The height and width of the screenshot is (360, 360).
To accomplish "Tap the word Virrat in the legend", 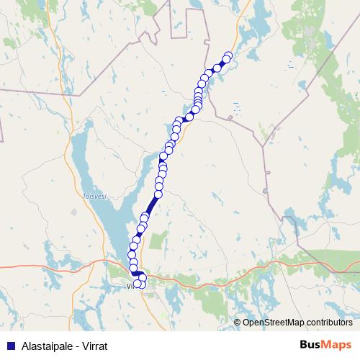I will (94, 346).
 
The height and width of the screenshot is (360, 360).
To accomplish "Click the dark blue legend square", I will (10, 346).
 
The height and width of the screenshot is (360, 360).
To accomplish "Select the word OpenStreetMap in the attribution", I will (271, 322).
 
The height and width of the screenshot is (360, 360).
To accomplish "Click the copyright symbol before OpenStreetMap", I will (237, 322).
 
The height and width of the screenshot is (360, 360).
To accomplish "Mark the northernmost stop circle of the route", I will (229, 55).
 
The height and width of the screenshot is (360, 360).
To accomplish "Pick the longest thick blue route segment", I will (152, 204).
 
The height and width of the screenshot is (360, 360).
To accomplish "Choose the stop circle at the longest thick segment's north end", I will (158, 194).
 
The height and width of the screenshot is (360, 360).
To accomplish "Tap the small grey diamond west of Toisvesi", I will (74, 212).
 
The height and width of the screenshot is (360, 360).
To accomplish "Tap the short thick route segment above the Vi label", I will (136, 274).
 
